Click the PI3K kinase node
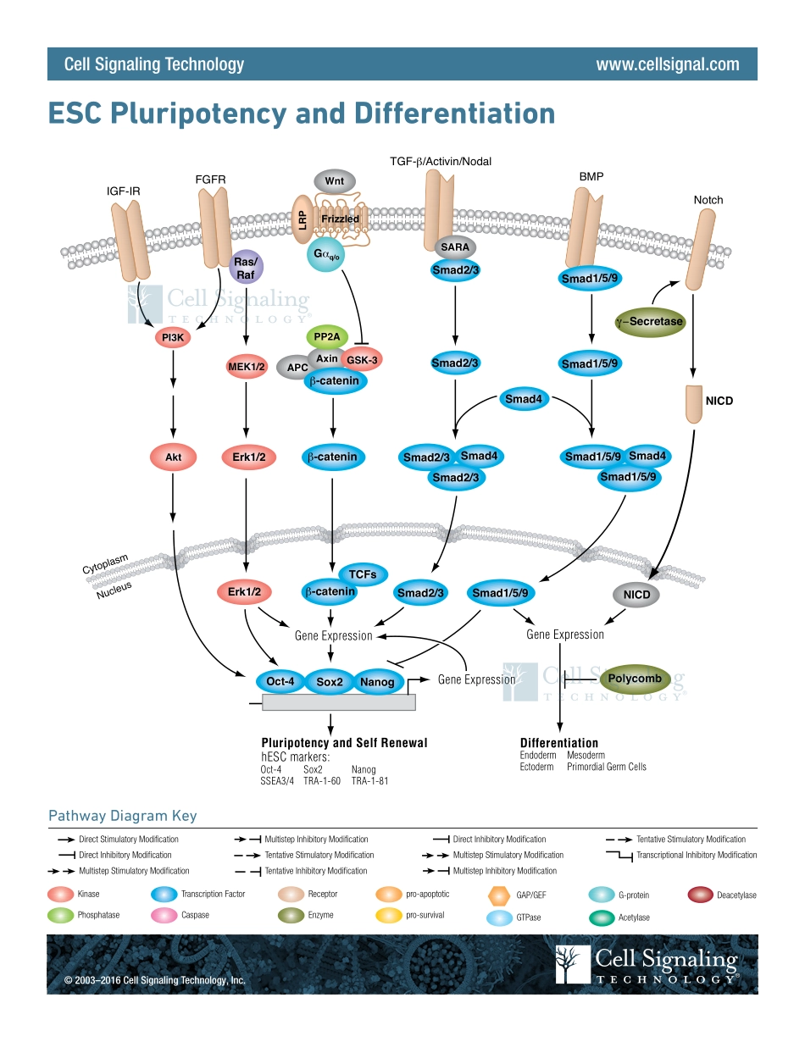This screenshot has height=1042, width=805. coord(173,338)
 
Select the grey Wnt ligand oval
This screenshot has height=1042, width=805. coord(335,181)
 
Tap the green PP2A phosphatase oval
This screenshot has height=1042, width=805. coord(326,336)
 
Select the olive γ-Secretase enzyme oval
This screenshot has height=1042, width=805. coord(650,321)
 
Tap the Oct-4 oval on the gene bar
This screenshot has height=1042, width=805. coord(280,681)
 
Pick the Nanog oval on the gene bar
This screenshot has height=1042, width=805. coord(377,681)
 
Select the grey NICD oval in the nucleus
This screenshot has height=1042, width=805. coord(636,595)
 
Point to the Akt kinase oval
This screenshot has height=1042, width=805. coord(173,457)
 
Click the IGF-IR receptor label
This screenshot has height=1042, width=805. coord(124,191)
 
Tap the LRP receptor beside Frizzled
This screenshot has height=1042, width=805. coord(302,219)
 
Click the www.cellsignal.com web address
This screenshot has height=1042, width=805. coord(667,64)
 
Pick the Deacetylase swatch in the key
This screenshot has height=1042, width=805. coord(700,895)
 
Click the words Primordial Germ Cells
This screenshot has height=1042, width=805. coord(606,767)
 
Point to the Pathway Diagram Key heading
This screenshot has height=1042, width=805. coord(122,816)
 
